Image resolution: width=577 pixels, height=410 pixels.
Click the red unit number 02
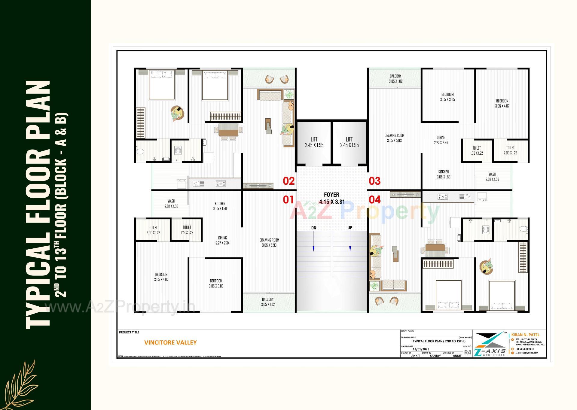tap(288, 181)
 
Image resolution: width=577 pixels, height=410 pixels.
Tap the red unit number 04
tap(374, 199)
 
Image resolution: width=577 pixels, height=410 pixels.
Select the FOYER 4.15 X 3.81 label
tap(331, 198)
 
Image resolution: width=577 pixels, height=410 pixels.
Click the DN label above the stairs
tap(313, 228)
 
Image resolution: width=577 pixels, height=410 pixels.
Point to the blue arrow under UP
tap(350, 248)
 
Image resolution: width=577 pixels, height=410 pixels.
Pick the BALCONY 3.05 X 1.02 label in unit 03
tap(395, 79)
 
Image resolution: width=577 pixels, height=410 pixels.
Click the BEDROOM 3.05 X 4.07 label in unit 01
tap(161, 277)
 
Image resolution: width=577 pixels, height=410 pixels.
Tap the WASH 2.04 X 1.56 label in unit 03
tap(492, 177)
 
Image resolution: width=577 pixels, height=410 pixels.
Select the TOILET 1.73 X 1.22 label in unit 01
tap(187, 230)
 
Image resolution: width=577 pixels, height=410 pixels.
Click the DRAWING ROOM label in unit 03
tap(394, 138)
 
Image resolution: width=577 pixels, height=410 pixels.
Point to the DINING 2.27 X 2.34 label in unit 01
tap(222, 240)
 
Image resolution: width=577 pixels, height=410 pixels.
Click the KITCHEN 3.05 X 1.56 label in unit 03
tap(443, 175)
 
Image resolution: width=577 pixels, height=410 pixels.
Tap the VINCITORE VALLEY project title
tap(170, 342)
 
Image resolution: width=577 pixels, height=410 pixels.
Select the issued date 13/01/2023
tap(421, 349)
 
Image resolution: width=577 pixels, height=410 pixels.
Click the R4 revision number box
tap(468, 352)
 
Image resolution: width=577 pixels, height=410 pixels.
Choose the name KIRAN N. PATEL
tap(525, 335)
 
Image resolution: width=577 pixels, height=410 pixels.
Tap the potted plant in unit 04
tap(374, 286)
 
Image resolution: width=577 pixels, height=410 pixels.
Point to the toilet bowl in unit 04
tap(524, 229)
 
